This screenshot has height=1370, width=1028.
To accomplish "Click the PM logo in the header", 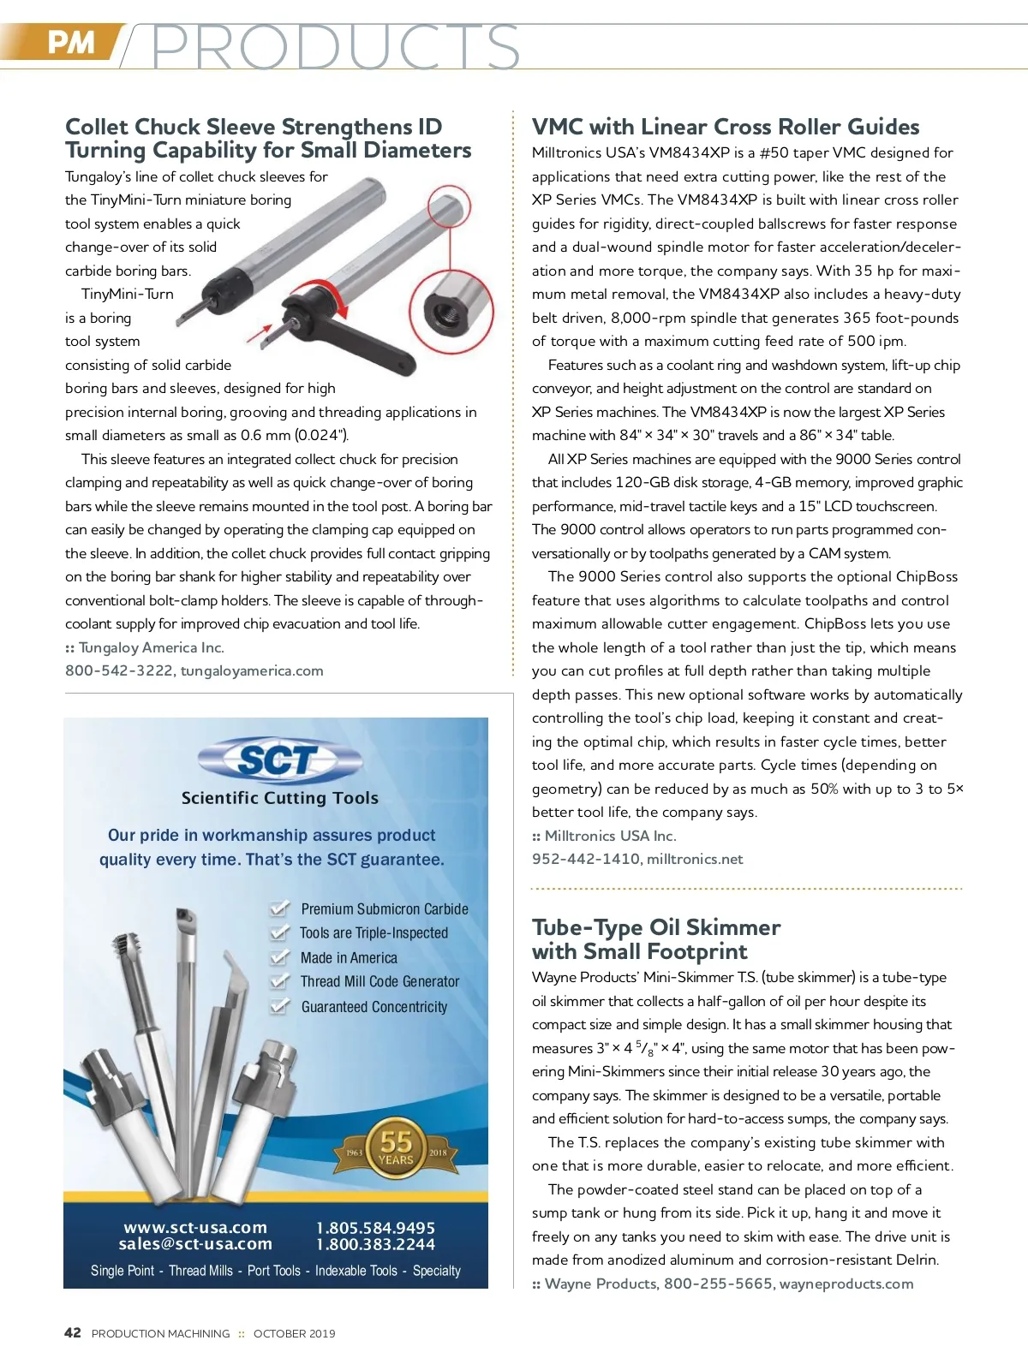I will coord(70,41).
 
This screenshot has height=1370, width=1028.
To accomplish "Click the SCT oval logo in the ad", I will coord(279,759).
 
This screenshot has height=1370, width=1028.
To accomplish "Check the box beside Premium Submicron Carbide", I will coord(279,908).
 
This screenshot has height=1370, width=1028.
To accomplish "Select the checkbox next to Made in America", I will coord(279,956).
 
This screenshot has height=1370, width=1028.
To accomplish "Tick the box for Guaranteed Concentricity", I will coord(279,1005).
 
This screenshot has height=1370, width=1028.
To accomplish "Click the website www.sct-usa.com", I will coord(195,1227).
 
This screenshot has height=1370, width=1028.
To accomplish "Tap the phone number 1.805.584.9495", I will coord(375,1228).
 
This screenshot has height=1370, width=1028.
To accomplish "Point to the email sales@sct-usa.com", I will coord(195,1244).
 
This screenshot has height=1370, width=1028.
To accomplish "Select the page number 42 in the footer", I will coord(73,1332).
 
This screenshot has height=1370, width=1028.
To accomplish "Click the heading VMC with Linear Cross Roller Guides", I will coord(725,127).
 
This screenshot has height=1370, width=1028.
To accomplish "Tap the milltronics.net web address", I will coord(695,859).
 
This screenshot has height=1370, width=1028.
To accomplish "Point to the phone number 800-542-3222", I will coord(119,670).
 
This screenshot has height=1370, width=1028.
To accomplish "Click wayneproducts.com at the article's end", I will coord(846,1284).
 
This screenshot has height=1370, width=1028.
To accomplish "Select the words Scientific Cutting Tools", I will coord(279,798).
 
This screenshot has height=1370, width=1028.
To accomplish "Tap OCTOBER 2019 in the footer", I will coord(294,1333).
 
